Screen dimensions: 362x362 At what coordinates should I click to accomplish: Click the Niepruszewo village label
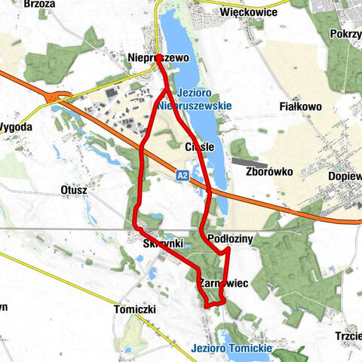coord(155,57)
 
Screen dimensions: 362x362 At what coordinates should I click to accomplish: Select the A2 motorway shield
coord(182,175)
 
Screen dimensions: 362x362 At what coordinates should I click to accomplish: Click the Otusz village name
coord(73,191)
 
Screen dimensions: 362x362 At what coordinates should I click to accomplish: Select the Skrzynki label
coord(159,244)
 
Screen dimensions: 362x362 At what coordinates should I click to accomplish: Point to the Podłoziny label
coord(233,238)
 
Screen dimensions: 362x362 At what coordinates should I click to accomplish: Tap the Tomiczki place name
coord(134,310)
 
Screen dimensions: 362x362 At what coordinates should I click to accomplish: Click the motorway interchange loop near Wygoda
coord(58,97)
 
